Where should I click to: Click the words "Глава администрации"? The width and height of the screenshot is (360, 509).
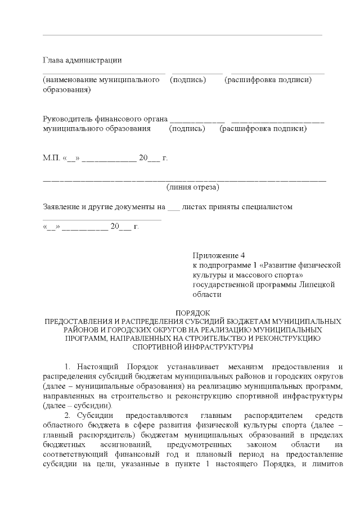[82, 61]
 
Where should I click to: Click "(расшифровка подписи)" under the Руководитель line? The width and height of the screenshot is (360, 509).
[263, 129]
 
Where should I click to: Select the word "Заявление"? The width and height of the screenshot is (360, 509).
[62, 206]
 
